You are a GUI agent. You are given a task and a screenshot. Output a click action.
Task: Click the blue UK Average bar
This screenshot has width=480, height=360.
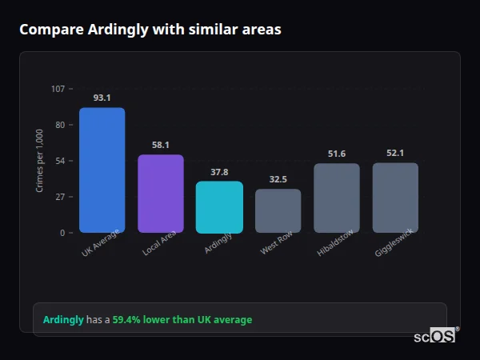102,170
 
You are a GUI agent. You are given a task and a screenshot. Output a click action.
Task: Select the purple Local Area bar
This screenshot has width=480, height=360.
161,194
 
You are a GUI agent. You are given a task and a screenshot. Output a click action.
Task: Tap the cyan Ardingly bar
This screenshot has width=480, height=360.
219,207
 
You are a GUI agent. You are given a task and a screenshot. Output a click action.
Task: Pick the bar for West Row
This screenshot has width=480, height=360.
278,211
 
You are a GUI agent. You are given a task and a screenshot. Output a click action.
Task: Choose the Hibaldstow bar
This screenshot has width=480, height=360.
337,198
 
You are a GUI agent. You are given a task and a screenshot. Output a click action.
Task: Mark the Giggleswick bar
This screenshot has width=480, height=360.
395,198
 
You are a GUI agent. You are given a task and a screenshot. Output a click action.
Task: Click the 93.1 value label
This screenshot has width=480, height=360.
102,98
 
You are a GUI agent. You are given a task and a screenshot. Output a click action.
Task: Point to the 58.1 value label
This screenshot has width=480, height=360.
161,145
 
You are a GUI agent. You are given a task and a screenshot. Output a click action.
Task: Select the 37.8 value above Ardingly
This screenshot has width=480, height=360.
219,172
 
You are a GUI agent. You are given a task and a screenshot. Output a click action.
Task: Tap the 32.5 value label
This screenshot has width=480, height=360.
278,179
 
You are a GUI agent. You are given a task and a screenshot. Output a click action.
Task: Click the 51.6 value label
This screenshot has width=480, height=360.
337,154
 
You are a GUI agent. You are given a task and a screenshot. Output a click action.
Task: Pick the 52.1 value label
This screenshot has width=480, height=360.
395,153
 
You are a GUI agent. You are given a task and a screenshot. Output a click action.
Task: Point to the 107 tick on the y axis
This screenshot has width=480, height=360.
58,89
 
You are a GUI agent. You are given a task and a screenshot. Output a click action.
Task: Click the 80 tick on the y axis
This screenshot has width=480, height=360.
59,125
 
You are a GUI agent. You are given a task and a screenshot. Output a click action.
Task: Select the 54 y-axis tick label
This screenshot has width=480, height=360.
59,161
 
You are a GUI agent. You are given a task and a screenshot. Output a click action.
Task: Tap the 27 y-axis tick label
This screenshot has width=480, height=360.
59,197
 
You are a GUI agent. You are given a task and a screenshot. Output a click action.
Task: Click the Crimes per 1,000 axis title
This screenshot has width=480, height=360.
40,161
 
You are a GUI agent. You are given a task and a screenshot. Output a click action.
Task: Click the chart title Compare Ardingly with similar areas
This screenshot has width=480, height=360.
150,30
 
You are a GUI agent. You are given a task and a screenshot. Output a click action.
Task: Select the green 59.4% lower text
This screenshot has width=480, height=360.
182,319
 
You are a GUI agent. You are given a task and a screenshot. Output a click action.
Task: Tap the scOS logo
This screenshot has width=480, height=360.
435,336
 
